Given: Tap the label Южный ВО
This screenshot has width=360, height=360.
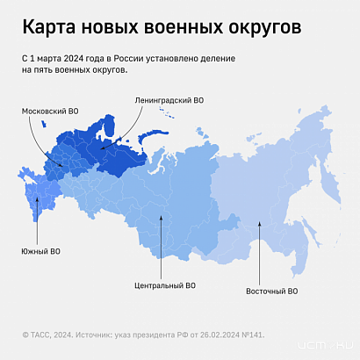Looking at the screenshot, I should coord(41,252).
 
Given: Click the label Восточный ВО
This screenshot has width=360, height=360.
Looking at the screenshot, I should coord(271,290).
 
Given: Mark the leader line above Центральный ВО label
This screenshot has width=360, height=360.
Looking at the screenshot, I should coord(162,250).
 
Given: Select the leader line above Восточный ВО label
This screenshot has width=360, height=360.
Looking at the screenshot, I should coord(261,255).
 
